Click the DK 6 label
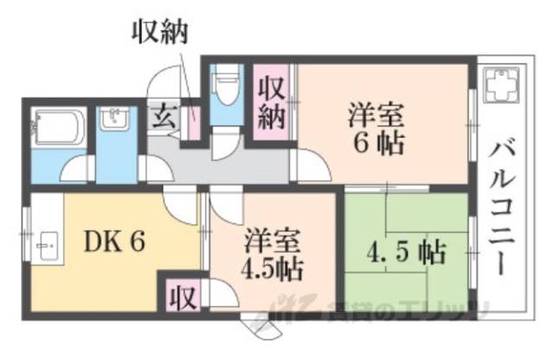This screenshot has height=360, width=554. (x=113, y=241)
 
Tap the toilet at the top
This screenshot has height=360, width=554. (x=227, y=90)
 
